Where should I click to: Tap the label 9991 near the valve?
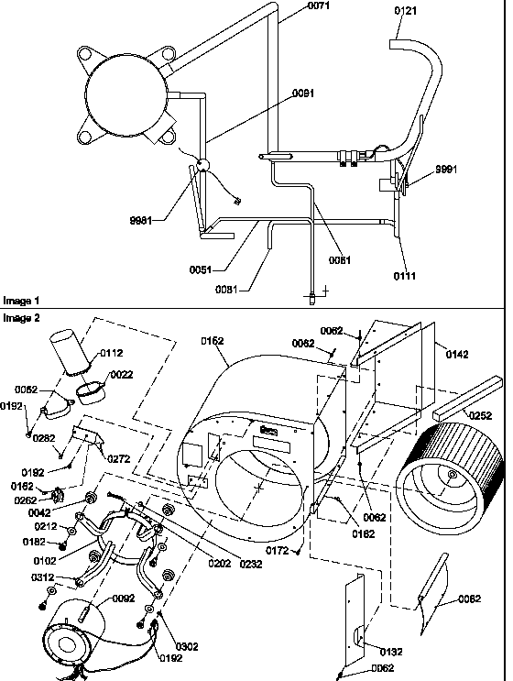point(446,169)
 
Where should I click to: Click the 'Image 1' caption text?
point(21,301)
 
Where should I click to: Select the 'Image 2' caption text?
point(21,317)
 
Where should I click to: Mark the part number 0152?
point(213,341)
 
